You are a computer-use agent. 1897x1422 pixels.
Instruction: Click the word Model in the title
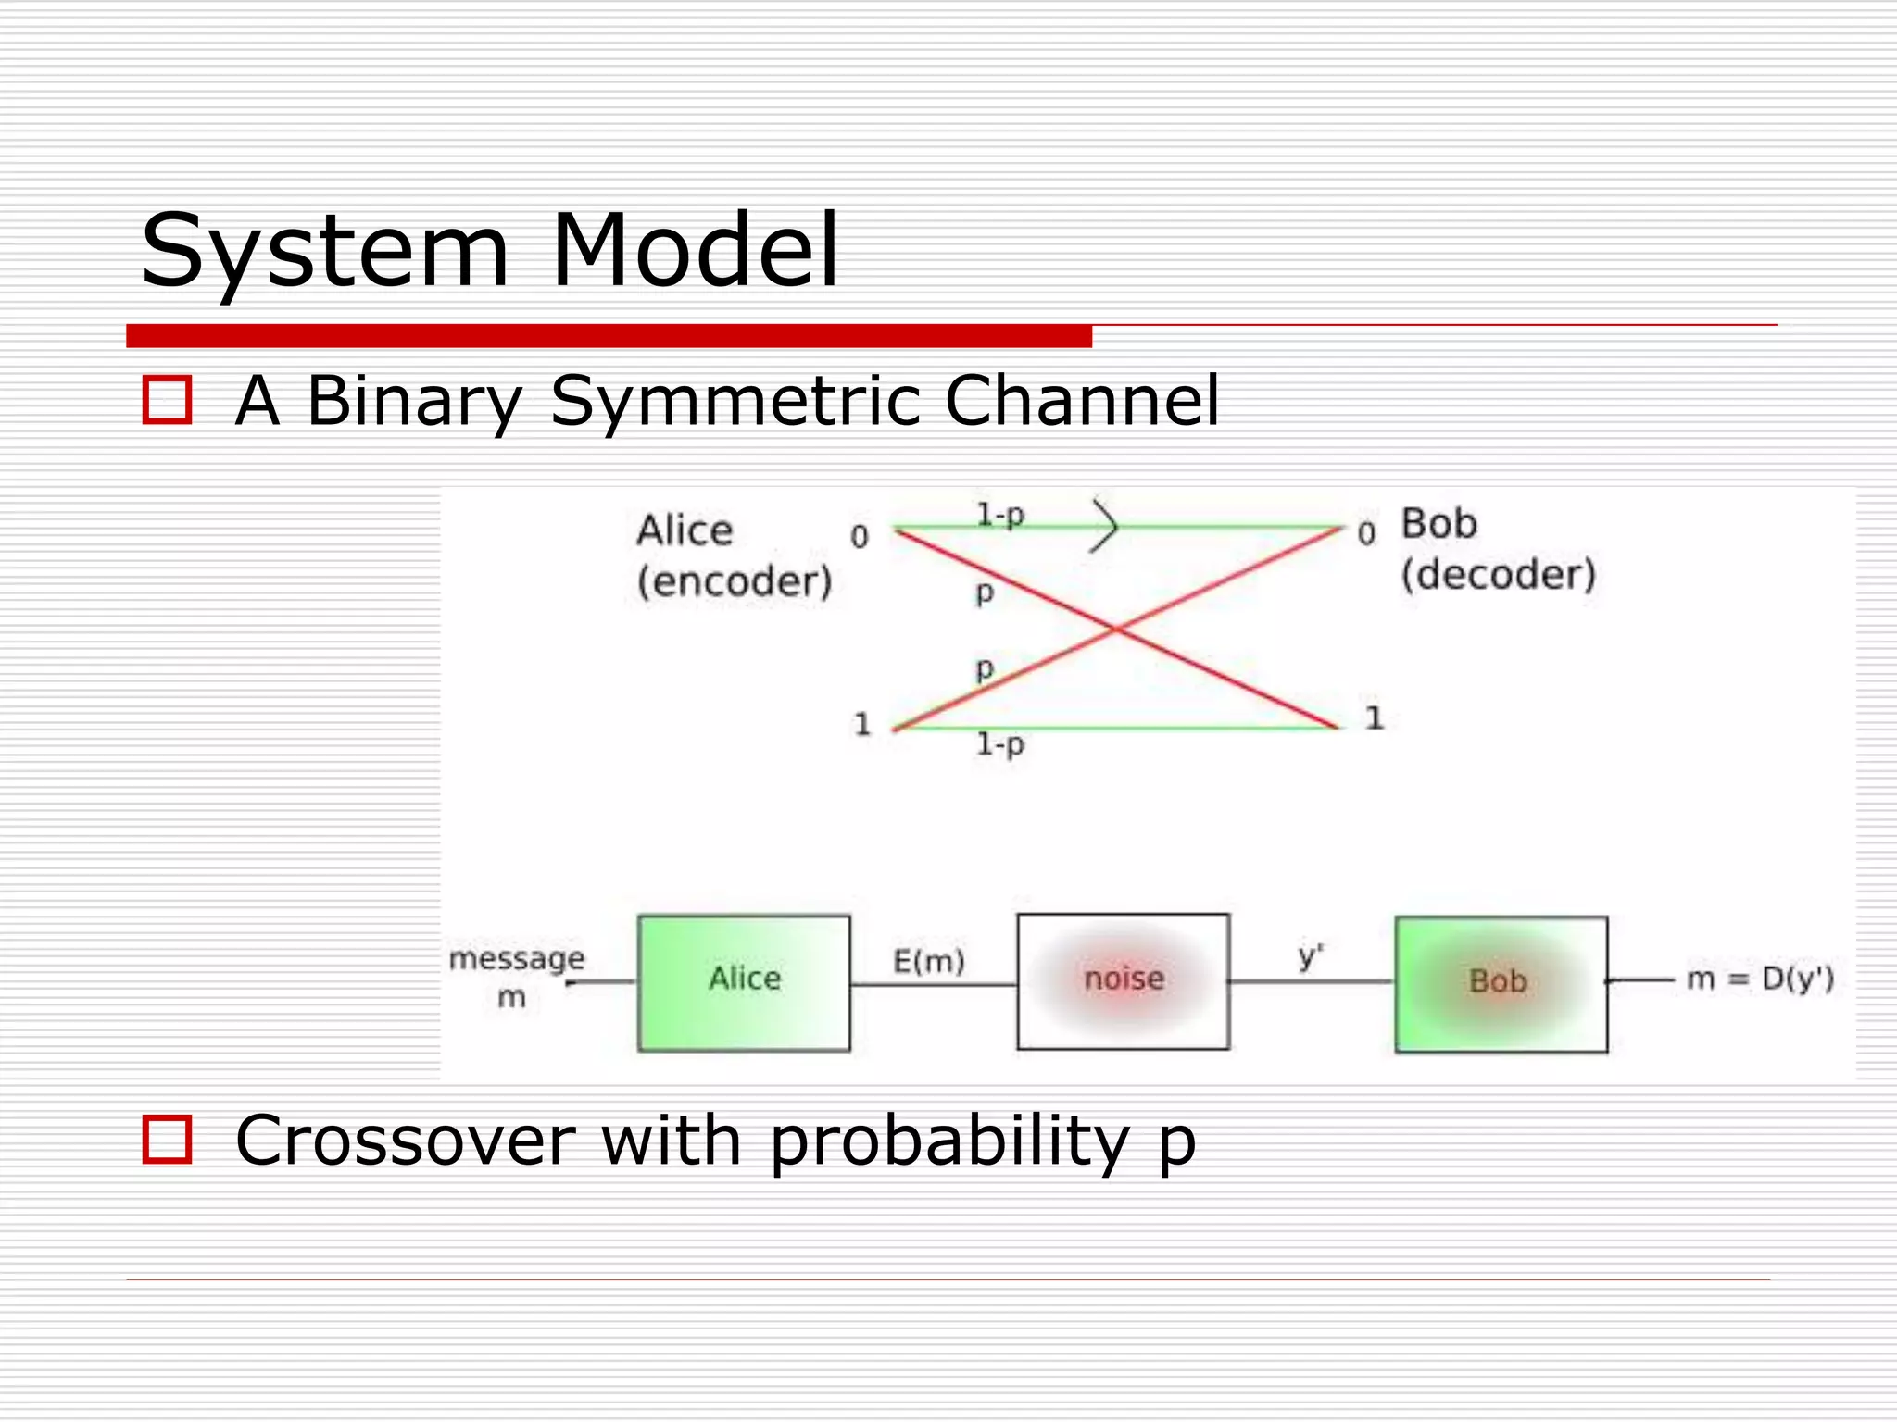coord(695,250)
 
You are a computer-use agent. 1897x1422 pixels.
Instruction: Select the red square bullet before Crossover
coord(168,1139)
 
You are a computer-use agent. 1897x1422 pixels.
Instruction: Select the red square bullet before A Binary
coord(168,400)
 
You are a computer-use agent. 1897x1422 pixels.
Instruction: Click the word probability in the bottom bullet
coord(949,1141)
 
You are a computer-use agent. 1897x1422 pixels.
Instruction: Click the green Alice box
coord(744,982)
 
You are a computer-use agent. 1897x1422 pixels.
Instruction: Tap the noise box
coord(1123,980)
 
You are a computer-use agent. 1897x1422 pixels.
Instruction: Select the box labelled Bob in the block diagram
coord(1501,983)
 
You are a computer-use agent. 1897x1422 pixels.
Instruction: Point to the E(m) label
coord(928,961)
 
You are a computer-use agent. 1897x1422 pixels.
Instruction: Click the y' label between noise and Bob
coord(1310,955)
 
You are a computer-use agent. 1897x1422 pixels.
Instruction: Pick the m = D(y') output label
coord(1760,979)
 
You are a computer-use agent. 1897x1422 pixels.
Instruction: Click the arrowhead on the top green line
coord(1105,527)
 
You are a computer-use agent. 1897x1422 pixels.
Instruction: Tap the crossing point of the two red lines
coord(1117,630)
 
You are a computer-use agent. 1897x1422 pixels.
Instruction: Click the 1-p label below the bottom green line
coord(1000,744)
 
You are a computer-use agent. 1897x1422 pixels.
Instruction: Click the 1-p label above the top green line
coord(1000,514)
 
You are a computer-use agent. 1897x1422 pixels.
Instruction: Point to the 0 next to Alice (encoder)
coord(860,536)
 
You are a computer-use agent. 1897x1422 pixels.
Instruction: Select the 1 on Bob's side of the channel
coord(1374,717)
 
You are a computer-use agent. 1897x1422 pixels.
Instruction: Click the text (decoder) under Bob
coord(1498,575)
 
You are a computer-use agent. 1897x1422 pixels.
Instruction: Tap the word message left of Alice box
coord(517,957)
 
